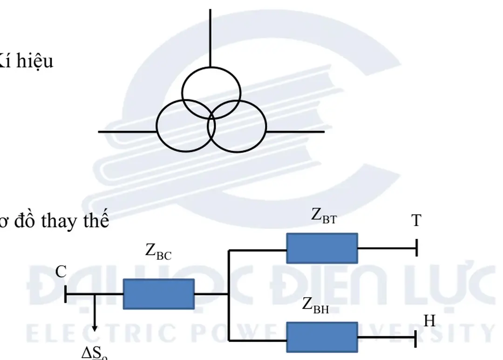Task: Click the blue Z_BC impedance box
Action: click(x=158, y=294)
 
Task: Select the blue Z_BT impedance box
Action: click(x=322, y=248)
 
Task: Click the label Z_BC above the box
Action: click(x=158, y=251)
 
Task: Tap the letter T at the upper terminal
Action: click(x=416, y=221)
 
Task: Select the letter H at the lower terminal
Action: click(x=429, y=321)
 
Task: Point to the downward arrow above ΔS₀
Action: click(x=95, y=317)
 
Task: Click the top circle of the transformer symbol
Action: click(x=211, y=92)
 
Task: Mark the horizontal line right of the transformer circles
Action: click(x=295, y=132)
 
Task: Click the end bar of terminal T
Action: click(x=416, y=248)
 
